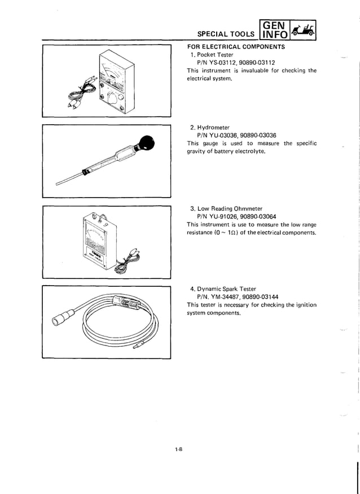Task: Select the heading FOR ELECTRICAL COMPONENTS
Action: tap(236, 47)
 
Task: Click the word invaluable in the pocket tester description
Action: tap(249, 71)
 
